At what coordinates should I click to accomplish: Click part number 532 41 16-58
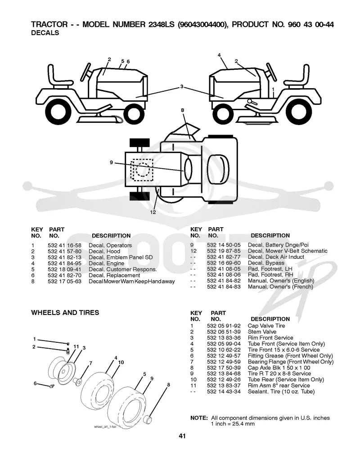pyautogui.click(x=64, y=246)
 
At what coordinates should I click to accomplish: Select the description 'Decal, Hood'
pyautogui.click(x=104, y=251)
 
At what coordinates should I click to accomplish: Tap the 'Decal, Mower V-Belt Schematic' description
pyautogui.click(x=288, y=251)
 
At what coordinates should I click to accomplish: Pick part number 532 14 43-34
pyautogui.click(x=224, y=391)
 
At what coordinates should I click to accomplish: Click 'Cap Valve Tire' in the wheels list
pyautogui.click(x=266, y=326)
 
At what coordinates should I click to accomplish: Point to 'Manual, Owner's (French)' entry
pyautogui.click(x=280, y=287)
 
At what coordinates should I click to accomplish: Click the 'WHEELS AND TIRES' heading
pyautogui.click(x=65, y=313)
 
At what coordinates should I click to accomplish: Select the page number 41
pyautogui.click(x=182, y=436)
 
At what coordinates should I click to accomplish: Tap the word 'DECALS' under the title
pyautogui.click(x=45, y=33)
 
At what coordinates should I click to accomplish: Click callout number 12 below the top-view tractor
pyautogui.click(x=153, y=212)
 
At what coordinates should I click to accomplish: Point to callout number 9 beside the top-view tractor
pyautogui.click(x=111, y=162)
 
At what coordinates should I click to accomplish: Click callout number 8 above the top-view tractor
pyautogui.click(x=183, y=110)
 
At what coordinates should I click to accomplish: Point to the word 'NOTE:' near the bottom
pyautogui.click(x=199, y=418)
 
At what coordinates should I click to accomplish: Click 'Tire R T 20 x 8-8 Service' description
pyautogui.click(x=279, y=374)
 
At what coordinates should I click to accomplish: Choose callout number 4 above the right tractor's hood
pyautogui.click(x=219, y=55)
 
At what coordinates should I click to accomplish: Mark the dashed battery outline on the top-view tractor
pyautogui.click(x=142, y=170)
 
